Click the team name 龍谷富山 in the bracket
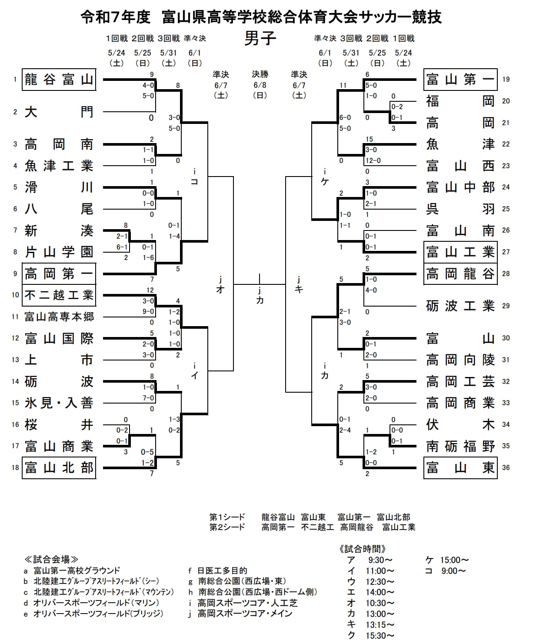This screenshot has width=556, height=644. tap(59, 80)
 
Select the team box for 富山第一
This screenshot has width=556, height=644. tap(460, 80)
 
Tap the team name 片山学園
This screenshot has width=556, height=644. tap(59, 252)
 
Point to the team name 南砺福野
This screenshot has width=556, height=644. tap(460, 446)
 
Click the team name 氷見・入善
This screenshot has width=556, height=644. tap(59, 403)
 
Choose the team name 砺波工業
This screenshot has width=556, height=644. tap(460, 306)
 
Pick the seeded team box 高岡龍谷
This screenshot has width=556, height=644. tap(460, 274)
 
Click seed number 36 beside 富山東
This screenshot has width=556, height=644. tap(506, 467)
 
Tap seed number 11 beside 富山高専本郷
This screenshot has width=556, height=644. tap(15, 317)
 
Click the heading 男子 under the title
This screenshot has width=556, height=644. tap(260, 38)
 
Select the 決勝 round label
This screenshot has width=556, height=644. tap(260, 74)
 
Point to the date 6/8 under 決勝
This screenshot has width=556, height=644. tap(260, 85)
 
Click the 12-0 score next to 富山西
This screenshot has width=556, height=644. tap(373, 160)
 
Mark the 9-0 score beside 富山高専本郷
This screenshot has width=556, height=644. tap(148, 311)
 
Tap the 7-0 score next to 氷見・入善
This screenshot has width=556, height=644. tap(148, 398)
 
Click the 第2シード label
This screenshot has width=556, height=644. tap(227, 527)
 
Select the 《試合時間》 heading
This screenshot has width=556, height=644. tap(362, 549)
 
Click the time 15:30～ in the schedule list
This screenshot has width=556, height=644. tap(380, 635)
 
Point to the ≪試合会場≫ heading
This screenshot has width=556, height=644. tap(51, 560)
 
